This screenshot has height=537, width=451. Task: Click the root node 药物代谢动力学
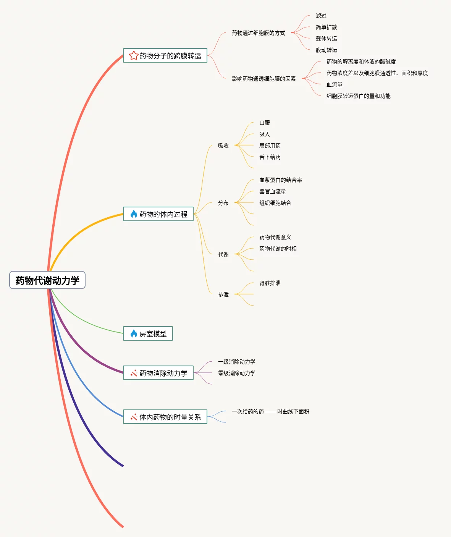pos(47,280)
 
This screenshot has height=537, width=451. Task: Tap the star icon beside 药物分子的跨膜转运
pos(134,56)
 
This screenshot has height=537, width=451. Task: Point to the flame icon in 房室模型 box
pos(134,334)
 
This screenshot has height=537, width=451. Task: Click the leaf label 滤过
pos(321,16)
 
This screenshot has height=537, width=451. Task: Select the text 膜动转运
pos(327,50)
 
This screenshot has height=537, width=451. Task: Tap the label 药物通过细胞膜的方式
pos(259,33)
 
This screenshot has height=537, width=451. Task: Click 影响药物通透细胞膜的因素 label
pos(264,79)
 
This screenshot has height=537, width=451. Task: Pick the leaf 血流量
pos(335,85)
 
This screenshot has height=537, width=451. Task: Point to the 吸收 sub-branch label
pos(223,146)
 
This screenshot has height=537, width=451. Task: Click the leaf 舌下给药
pos(270,157)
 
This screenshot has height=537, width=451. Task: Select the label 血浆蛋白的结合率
pos(281,180)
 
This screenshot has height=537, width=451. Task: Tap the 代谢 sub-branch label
pos(223,255)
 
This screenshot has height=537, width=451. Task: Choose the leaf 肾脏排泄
pos(270,283)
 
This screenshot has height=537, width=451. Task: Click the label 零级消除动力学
pos(237,374)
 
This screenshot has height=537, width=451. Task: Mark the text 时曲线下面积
pos(293,412)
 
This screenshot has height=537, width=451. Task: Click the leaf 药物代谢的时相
pos(278,249)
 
